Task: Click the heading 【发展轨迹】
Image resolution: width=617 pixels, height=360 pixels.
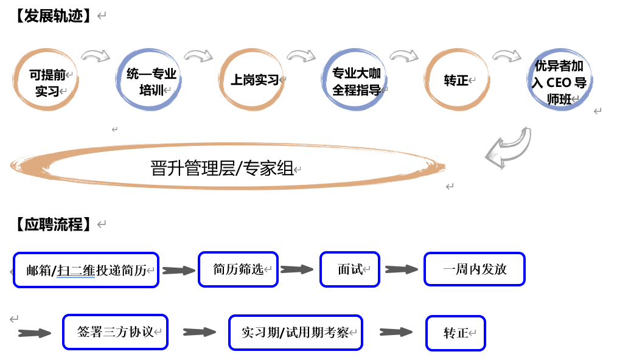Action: (x=54, y=16)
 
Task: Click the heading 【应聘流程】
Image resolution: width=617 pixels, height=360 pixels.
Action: (x=54, y=224)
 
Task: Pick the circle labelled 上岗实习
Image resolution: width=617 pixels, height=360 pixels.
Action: (x=253, y=80)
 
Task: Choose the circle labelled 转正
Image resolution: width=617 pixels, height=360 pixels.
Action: (x=457, y=80)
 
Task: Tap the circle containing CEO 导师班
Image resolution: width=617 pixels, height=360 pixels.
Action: (x=559, y=81)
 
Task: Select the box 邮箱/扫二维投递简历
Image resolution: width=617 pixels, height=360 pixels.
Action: (x=86, y=270)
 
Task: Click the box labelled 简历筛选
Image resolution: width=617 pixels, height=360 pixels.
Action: (x=238, y=269)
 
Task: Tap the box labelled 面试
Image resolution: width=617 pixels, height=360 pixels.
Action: (x=350, y=269)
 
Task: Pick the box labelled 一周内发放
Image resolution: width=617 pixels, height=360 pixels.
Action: (x=475, y=269)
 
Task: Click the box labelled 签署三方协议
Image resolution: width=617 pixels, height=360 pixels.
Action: (x=115, y=332)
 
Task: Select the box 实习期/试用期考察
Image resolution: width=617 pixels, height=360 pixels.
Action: (x=295, y=332)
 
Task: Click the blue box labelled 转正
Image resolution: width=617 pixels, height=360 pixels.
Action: (x=456, y=333)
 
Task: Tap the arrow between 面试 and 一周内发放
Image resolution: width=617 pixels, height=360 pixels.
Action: (x=401, y=269)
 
